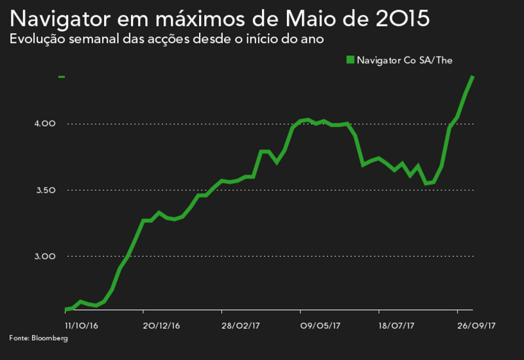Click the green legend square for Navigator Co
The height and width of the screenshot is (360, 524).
pos(350,60)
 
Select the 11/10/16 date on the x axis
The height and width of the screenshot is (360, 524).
pos(82,325)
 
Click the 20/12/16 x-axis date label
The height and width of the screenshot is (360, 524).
pos(161,325)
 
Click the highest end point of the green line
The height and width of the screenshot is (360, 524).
pos(473,77)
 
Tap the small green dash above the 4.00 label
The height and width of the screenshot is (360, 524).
pos(62,77)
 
